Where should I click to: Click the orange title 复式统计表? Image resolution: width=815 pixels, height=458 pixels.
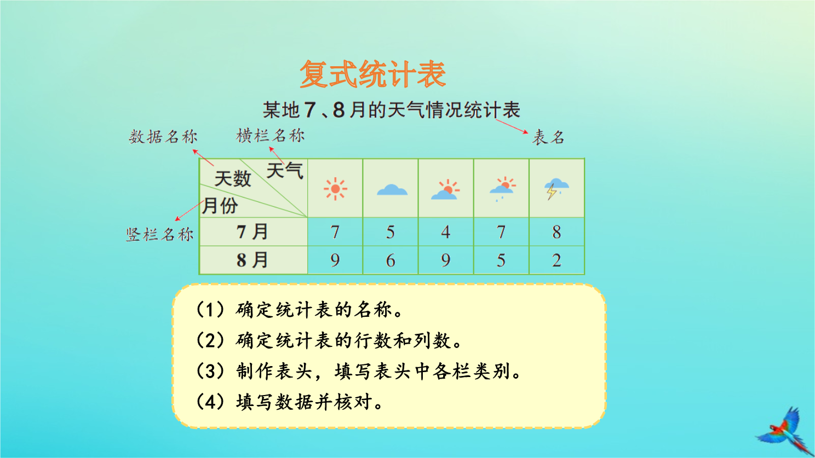(373, 74)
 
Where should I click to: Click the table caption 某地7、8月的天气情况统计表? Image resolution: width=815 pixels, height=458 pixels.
(392, 110)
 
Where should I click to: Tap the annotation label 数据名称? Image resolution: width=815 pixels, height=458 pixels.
(163, 137)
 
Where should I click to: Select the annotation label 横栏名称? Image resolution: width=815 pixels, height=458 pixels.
(270, 136)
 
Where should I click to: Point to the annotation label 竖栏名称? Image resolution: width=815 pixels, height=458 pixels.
(160, 234)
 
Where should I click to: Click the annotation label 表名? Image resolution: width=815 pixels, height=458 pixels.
(548, 137)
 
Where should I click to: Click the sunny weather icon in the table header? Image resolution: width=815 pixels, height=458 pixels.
(335, 189)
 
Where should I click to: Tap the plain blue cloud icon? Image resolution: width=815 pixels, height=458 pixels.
(392, 190)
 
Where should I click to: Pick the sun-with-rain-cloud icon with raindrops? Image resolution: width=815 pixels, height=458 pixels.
(502, 189)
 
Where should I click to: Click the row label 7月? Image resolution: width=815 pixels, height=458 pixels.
(252, 232)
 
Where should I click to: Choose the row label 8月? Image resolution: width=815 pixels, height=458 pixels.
(252, 260)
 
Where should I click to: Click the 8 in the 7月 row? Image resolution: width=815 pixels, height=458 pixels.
(556, 232)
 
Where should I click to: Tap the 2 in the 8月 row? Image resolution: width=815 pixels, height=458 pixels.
(556, 260)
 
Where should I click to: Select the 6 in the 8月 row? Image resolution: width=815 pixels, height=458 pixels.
(391, 260)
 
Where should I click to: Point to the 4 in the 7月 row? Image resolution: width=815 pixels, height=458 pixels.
(446, 232)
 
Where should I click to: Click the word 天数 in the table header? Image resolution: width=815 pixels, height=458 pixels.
(233, 179)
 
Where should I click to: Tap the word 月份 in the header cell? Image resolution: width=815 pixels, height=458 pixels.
(220, 206)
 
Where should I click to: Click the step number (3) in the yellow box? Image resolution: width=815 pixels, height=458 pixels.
(211, 372)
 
